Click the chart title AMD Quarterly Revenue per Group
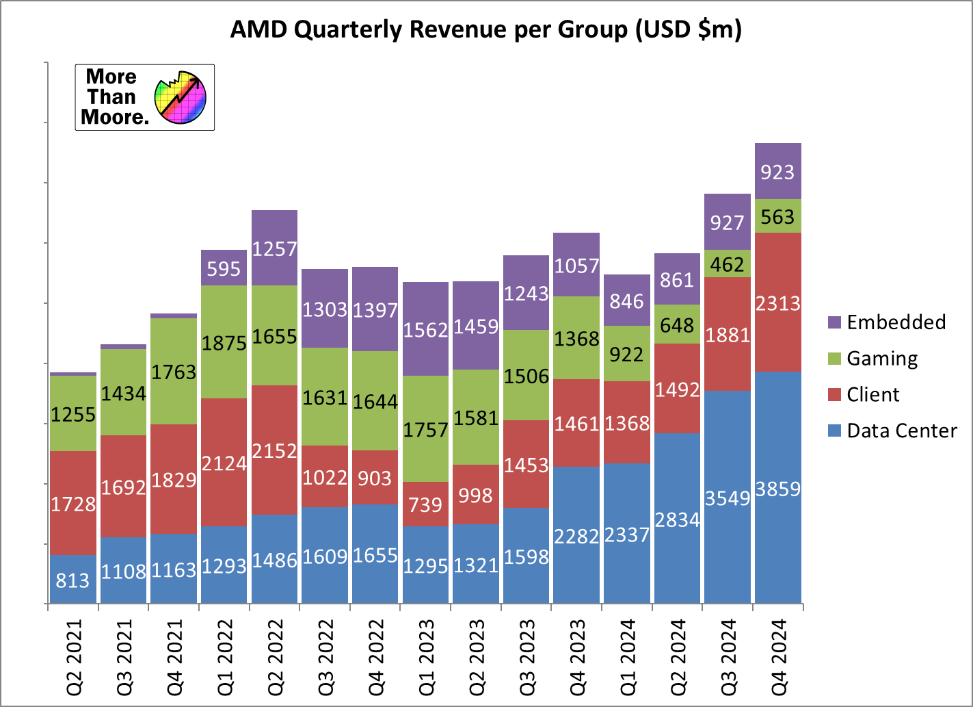(x=485, y=30)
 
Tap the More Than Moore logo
(x=144, y=97)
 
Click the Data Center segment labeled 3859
(x=777, y=489)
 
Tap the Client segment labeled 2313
(x=777, y=303)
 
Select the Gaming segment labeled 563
(x=777, y=216)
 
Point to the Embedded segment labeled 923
(x=777, y=171)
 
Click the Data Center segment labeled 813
(x=73, y=580)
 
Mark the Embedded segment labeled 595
(x=224, y=268)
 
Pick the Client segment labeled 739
(x=425, y=504)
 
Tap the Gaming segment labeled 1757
(x=425, y=429)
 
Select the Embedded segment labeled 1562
(x=425, y=329)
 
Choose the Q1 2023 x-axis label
(x=426, y=657)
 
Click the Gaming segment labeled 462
(x=728, y=263)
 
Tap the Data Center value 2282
(x=576, y=536)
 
